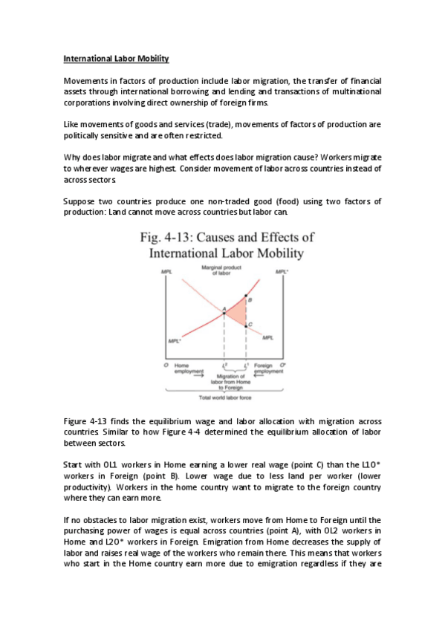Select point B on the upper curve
coord(246,296)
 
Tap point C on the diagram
coord(246,325)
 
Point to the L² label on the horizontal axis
coord(225,365)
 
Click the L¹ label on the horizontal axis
coord(246,365)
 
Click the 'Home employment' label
coord(183,368)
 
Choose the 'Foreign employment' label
coord(268,368)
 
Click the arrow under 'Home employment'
coord(179,377)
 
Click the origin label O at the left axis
coord(166,365)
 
